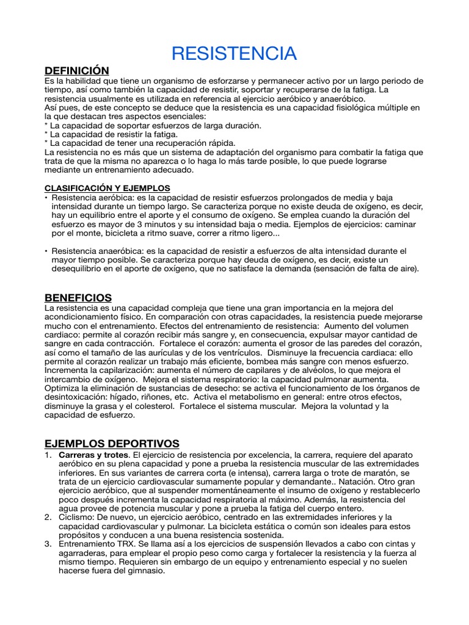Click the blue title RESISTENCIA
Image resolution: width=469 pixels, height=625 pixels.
click(234, 54)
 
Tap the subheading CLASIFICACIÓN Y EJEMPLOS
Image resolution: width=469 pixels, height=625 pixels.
click(107, 188)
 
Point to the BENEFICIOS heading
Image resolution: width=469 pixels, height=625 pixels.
click(78, 298)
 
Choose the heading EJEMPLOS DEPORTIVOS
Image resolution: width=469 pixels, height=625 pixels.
click(112, 443)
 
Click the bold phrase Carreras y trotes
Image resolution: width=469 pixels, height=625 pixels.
click(93, 455)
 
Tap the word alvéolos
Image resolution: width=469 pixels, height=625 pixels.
click(296, 370)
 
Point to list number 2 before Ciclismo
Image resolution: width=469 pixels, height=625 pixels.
click(47, 518)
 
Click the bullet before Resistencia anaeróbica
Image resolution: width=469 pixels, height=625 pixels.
click(46, 251)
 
